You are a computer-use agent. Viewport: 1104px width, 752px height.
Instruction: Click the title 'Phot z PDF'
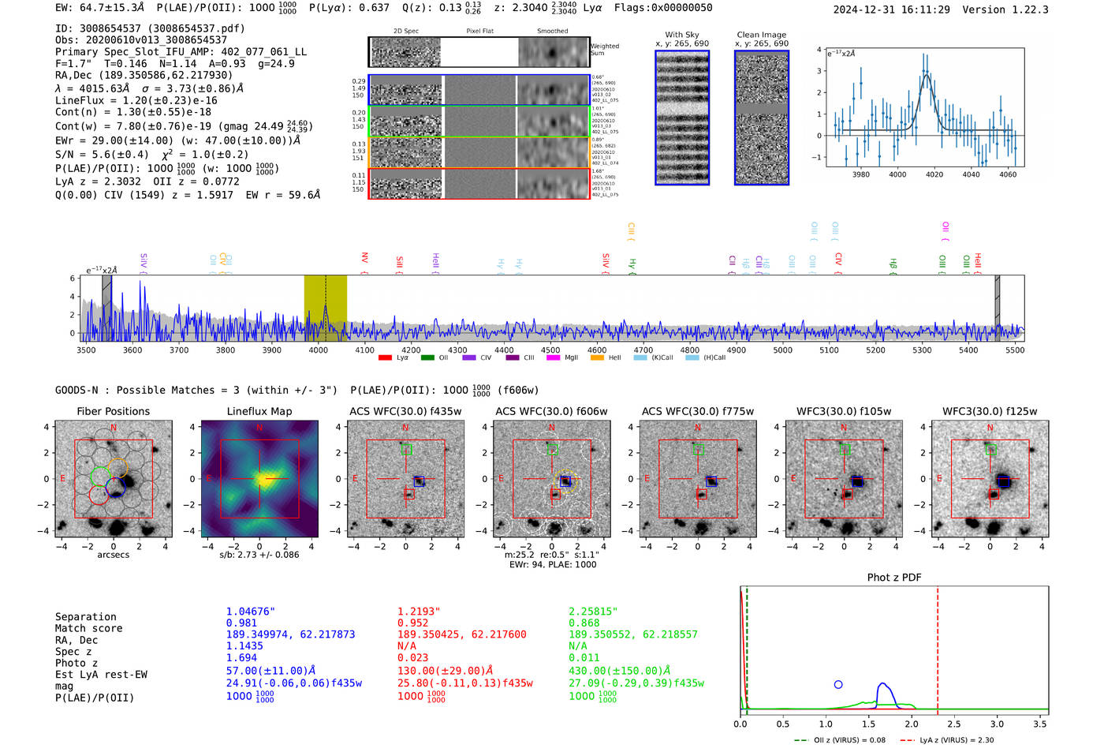(894, 578)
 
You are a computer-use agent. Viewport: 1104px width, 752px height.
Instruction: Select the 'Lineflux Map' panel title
(259, 411)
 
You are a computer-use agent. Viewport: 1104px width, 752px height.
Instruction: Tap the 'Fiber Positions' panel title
(113, 411)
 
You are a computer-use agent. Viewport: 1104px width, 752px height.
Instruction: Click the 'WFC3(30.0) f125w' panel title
(990, 411)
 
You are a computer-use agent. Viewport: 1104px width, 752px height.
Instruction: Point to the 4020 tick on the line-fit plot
(934, 174)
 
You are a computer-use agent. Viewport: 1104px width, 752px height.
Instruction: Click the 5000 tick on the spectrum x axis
(782, 350)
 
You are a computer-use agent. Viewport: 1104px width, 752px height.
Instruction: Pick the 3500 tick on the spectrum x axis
(86, 350)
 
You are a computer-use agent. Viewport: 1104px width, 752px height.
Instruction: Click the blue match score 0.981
(241, 623)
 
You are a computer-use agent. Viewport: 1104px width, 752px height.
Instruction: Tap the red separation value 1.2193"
(419, 612)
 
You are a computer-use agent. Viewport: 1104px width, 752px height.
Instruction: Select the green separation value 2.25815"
(593, 612)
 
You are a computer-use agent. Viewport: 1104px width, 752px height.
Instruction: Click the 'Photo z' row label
(77, 663)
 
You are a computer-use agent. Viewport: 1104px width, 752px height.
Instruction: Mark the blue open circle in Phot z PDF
(838, 685)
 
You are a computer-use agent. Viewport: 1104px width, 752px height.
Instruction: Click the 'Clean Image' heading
(761, 35)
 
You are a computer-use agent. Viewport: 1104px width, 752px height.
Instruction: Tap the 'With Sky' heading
(682, 35)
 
